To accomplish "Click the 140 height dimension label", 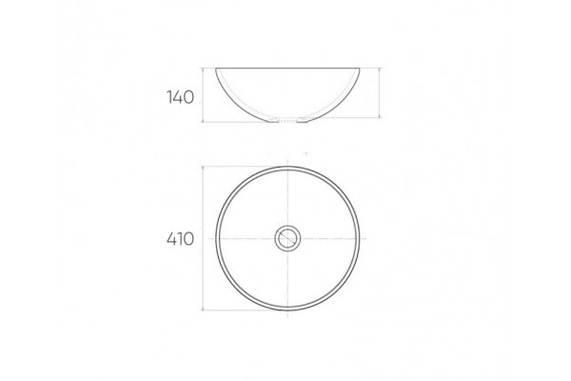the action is (x=180, y=97).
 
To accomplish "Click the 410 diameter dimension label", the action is (x=180, y=239).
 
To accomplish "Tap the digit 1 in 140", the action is (x=169, y=97).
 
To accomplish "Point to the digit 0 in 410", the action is (x=188, y=239).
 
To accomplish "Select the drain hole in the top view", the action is (x=287, y=238).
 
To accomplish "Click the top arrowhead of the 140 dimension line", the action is (x=203, y=70).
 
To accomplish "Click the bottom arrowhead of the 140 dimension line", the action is (x=203, y=120).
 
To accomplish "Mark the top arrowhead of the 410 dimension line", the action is (x=203, y=169).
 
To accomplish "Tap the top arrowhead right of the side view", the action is (x=380, y=70).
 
